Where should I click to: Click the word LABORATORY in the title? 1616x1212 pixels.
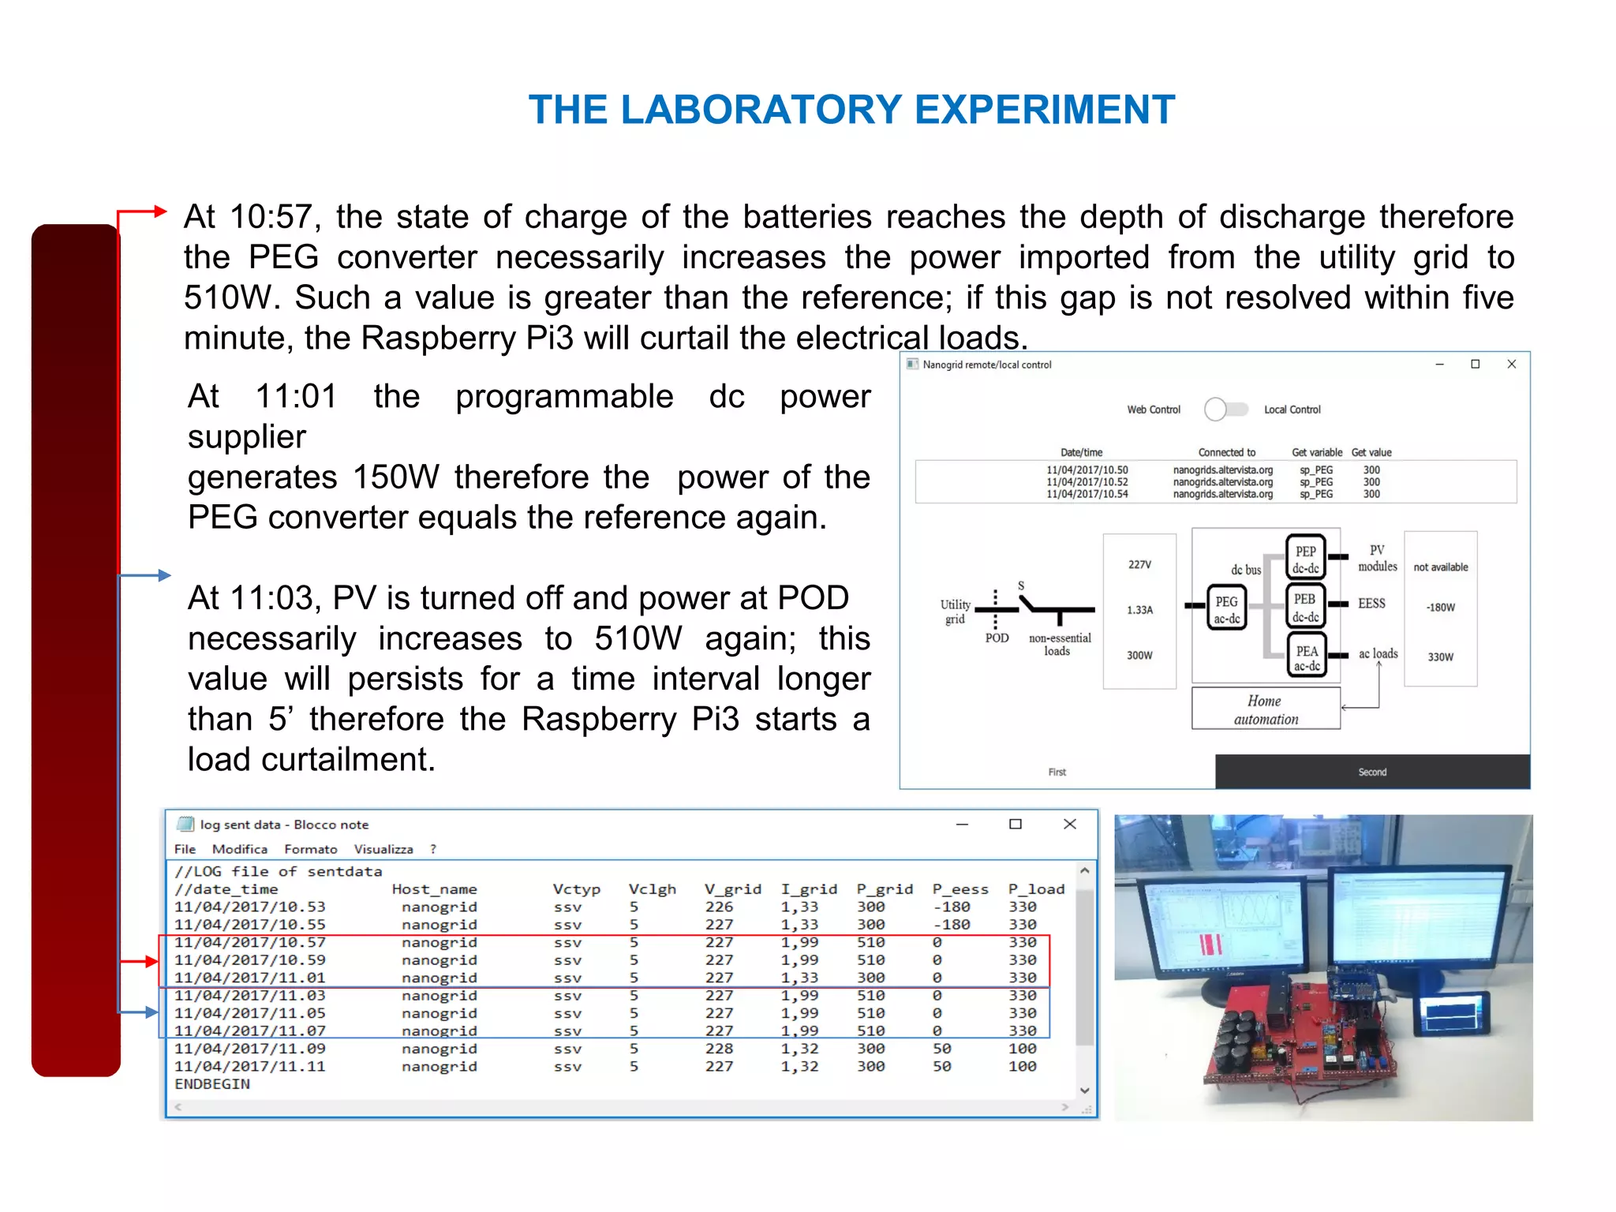click(761, 109)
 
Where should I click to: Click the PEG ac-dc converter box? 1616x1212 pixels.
click(1226, 608)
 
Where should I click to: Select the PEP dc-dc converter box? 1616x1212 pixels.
click(1305, 558)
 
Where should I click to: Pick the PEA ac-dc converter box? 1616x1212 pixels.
click(1306, 656)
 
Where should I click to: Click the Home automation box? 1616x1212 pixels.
click(1265, 709)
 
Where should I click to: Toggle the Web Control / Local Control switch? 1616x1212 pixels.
click(1225, 409)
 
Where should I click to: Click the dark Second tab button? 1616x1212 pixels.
click(1371, 772)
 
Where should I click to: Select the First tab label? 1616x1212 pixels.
click(1057, 772)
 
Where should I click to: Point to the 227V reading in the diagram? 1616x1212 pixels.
click(1139, 564)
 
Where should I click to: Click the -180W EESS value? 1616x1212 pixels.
click(1440, 608)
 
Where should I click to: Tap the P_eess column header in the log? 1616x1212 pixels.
click(959, 889)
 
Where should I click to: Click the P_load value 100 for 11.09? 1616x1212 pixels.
click(1022, 1049)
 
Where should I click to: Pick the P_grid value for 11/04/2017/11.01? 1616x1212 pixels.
click(870, 978)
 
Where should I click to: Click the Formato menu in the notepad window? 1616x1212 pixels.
click(310, 849)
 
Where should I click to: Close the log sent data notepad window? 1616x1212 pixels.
click(1069, 824)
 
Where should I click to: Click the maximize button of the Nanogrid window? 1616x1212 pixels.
click(1475, 364)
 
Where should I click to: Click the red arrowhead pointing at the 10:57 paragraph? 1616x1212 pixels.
click(160, 211)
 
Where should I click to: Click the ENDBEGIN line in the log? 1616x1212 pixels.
click(212, 1084)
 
